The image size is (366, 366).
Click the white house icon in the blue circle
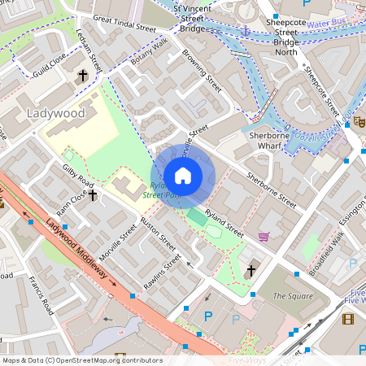[183, 175]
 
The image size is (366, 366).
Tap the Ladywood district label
[55, 113]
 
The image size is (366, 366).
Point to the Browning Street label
[202, 71]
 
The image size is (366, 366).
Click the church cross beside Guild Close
[82, 76]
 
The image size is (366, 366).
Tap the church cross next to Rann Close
[93, 195]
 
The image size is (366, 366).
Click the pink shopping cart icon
[264, 237]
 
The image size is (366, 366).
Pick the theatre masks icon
[359, 120]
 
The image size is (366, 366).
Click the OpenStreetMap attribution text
[81, 360]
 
